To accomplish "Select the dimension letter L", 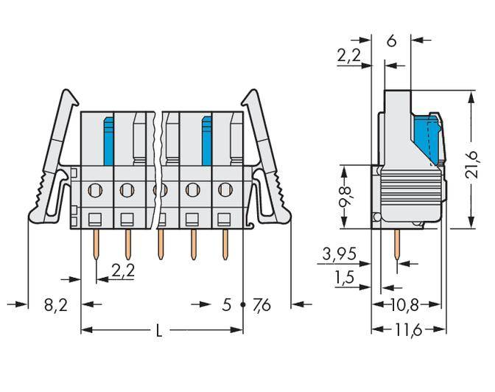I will click(x=159, y=332).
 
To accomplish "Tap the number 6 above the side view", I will click(x=391, y=41).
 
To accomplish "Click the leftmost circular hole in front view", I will click(x=94, y=191).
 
